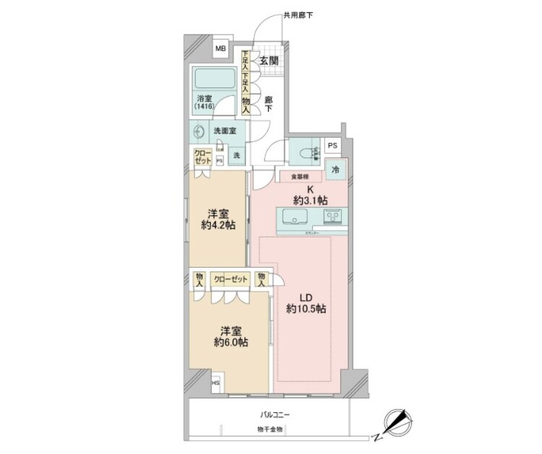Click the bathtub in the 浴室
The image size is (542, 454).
click(213, 79)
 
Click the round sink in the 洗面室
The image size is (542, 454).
click(198, 132)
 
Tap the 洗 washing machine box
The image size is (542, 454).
click(236, 154)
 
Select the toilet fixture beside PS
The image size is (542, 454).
click(304, 153)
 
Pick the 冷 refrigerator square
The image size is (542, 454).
click(336, 170)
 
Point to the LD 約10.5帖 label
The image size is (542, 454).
click(306, 302)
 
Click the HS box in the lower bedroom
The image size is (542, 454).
click(215, 384)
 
